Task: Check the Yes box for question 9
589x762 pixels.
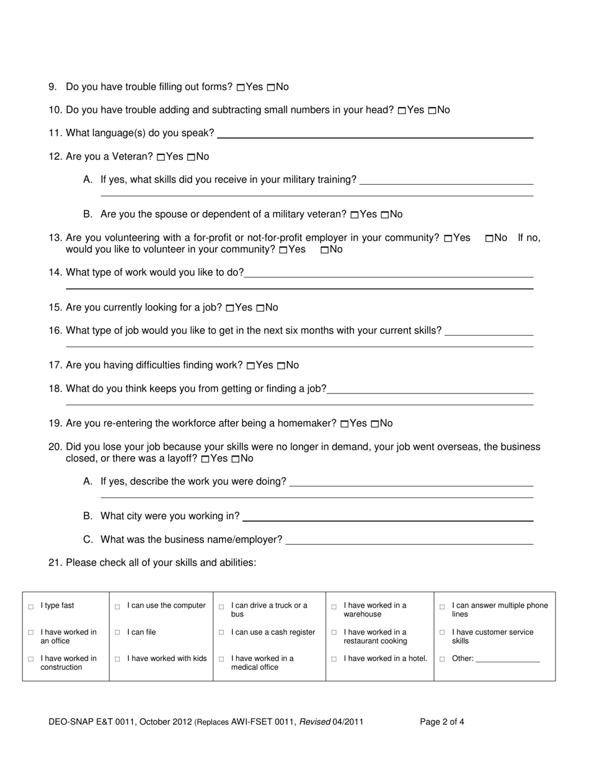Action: point(241,88)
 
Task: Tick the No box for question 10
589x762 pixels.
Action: point(432,111)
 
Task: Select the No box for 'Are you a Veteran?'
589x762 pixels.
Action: point(191,157)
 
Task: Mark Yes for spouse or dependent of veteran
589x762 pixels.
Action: point(354,215)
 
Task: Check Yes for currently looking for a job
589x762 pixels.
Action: point(229,309)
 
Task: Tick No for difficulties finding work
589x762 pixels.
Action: point(281,366)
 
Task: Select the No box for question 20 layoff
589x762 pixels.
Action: point(235,460)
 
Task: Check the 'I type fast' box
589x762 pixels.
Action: point(31,607)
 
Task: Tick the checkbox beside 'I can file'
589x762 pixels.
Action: point(117,633)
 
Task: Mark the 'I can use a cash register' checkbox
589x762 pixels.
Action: point(221,633)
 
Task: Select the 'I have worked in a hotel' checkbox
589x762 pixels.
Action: point(334,659)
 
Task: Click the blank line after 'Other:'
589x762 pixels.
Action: point(508,661)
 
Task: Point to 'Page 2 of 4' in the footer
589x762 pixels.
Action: point(442,722)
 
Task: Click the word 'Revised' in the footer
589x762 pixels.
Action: point(314,722)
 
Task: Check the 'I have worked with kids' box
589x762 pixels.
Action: point(117,659)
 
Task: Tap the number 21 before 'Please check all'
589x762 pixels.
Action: point(55,563)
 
